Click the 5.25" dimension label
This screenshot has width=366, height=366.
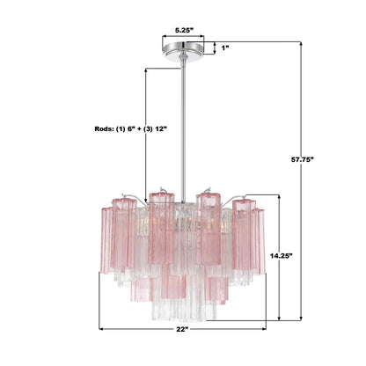pos(184,29)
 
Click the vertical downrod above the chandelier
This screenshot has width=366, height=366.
pos(184,123)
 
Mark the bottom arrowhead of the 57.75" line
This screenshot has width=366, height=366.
pos(304,319)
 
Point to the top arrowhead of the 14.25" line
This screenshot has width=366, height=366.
pos(281,200)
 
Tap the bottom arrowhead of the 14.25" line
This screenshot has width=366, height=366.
pos(281,319)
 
